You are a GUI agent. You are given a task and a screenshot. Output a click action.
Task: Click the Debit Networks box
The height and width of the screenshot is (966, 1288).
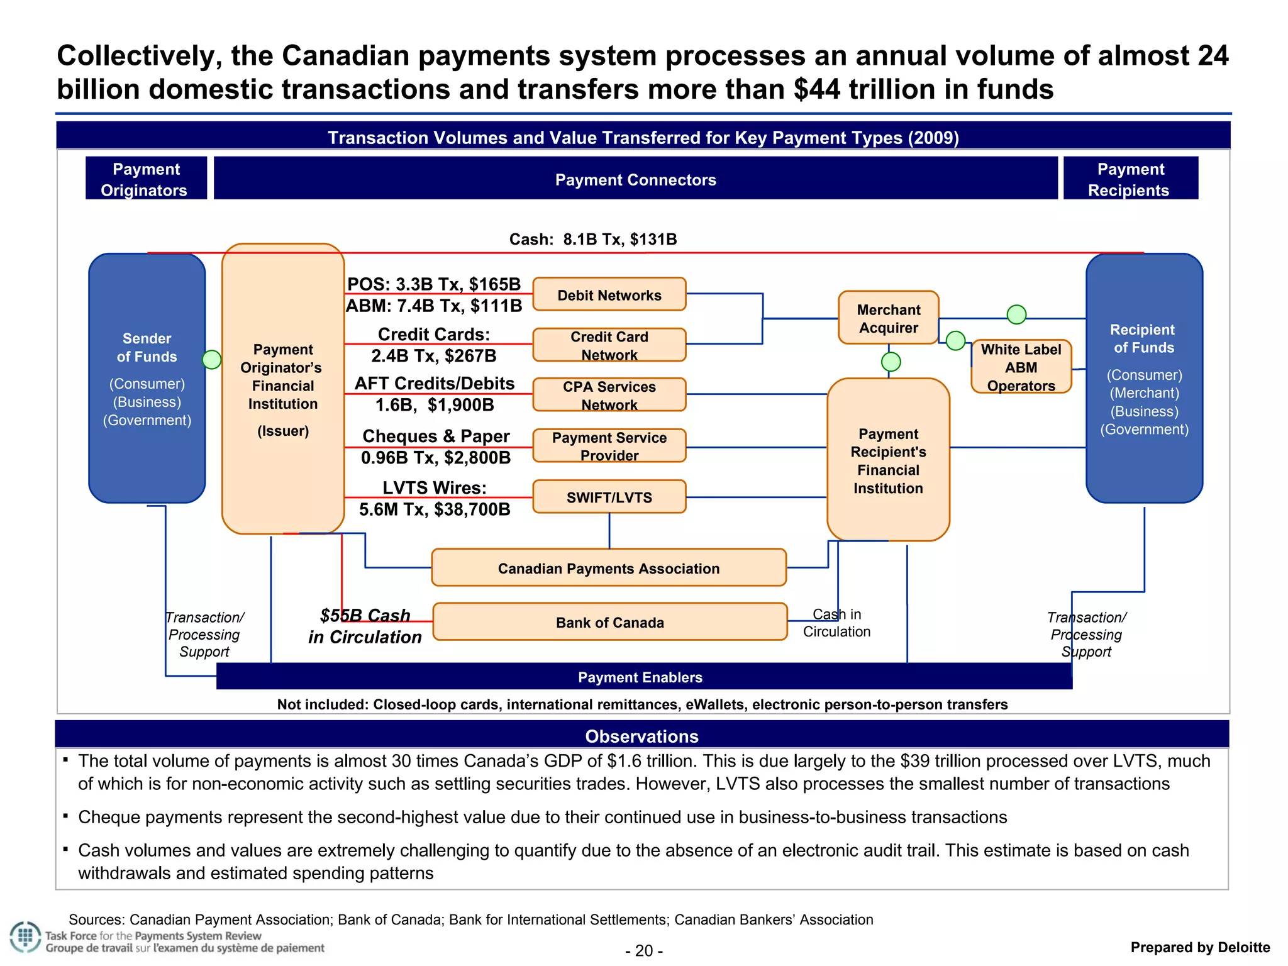[x=609, y=294]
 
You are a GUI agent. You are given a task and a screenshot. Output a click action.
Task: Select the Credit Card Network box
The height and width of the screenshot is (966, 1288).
[x=609, y=345]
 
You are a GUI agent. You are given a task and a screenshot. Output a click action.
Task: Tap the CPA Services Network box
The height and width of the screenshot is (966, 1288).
[x=609, y=395]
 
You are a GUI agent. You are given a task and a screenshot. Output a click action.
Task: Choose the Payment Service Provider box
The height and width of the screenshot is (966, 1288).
[x=609, y=446]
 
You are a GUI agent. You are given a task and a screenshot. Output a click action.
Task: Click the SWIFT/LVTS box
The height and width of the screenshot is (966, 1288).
[x=609, y=497]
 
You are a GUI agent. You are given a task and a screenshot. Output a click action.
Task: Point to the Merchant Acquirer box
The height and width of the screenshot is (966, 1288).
[x=888, y=318]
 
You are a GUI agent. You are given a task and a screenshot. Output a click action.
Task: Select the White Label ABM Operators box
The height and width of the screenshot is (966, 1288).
[x=1021, y=367]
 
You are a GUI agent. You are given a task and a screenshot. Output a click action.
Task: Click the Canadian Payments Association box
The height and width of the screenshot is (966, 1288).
[x=608, y=568]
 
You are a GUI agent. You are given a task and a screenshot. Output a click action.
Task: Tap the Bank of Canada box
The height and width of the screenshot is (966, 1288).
[x=609, y=622]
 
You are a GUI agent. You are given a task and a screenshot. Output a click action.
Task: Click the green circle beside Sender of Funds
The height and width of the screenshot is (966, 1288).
[x=212, y=359]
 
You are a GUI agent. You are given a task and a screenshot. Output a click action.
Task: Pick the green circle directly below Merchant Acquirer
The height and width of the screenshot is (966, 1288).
[x=891, y=362]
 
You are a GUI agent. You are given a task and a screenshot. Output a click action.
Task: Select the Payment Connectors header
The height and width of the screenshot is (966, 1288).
[x=635, y=179]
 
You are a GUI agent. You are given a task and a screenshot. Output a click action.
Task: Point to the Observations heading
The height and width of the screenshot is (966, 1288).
[x=641, y=736]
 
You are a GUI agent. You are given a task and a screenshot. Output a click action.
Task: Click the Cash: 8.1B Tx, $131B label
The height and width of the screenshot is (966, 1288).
[x=592, y=239]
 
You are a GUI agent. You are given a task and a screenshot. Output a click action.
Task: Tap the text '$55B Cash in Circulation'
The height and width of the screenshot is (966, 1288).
[x=365, y=626]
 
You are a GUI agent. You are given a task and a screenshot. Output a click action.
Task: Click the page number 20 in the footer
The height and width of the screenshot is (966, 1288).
[x=644, y=950]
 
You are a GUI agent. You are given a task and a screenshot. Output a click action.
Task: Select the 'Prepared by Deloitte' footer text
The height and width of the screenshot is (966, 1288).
[x=1199, y=947]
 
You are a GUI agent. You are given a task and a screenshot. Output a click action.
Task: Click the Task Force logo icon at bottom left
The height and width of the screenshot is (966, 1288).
[x=25, y=937]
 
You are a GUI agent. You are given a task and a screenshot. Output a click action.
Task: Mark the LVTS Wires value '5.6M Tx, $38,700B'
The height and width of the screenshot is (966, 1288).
[x=435, y=509]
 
